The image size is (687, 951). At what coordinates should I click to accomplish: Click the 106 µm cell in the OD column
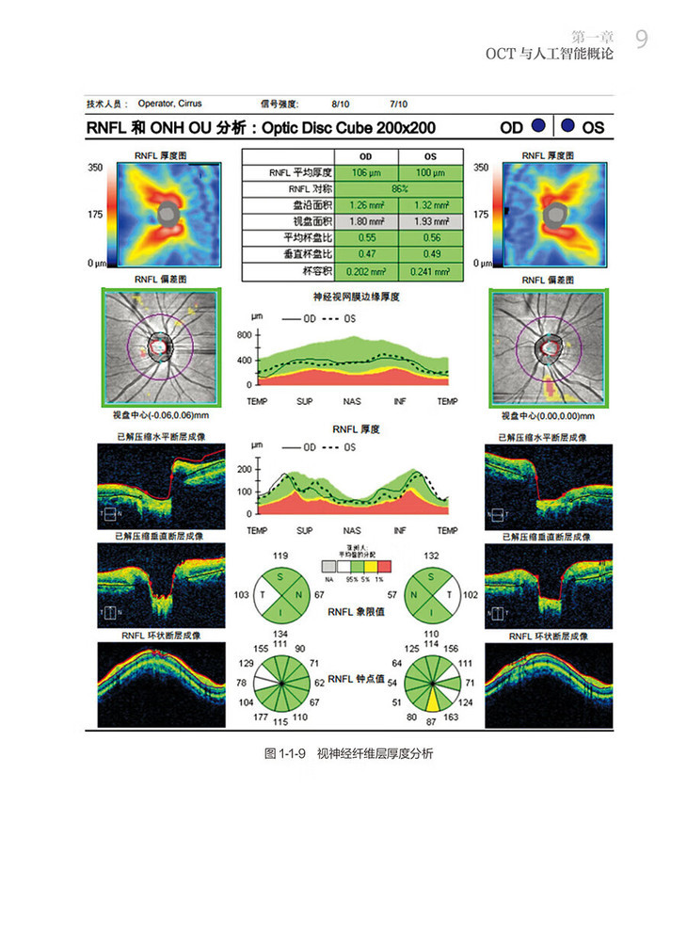(x=365, y=172)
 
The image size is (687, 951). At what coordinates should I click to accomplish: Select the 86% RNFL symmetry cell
(x=399, y=188)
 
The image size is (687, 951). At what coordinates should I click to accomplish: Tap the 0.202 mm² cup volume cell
(x=365, y=271)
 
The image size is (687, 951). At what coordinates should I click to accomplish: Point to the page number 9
(x=641, y=39)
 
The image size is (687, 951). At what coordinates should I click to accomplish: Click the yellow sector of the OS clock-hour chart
(x=433, y=699)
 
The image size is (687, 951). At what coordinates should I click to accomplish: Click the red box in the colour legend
(x=384, y=567)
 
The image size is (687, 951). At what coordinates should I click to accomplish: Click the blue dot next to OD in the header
(x=536, y=126)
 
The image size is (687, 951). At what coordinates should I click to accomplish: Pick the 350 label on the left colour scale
(x=94, y=167)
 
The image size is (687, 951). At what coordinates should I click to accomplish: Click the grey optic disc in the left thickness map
(x=168, y=214)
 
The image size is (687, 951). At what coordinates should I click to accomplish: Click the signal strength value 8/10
(x=340, y=105)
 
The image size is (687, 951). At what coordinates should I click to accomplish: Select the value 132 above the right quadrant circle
(x=433, y=556)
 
